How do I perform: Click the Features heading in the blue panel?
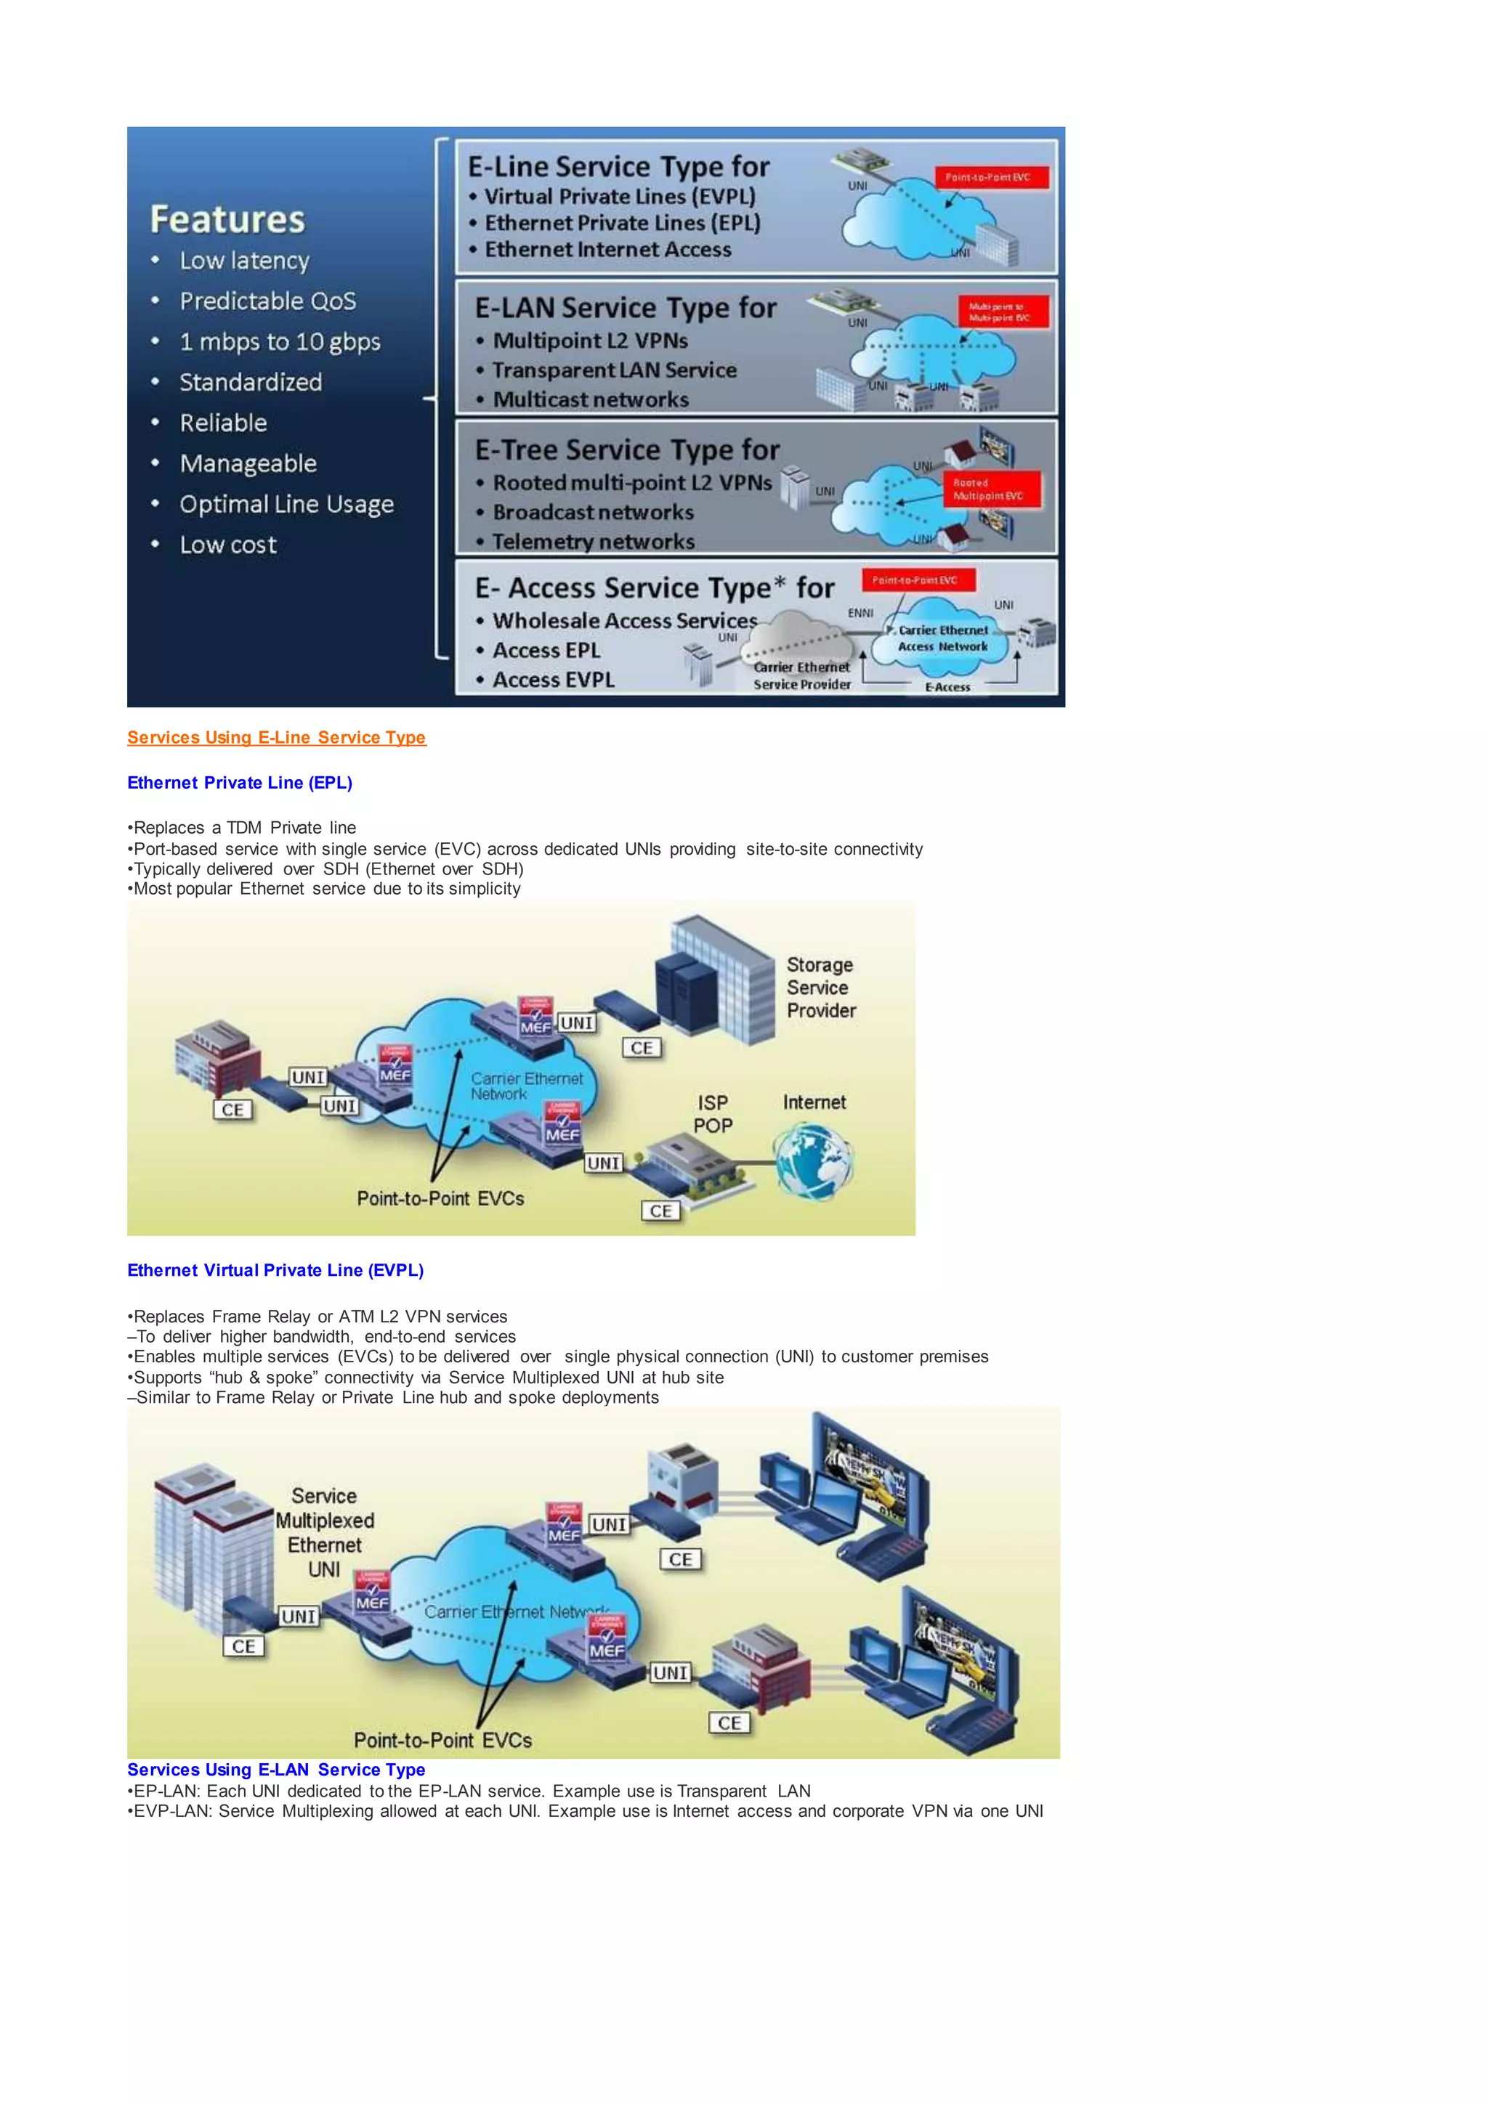coord(227,220)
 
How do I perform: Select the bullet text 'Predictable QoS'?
coord(267,301)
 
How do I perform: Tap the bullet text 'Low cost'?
coord(227,545)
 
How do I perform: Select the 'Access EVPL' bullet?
coord(554,680)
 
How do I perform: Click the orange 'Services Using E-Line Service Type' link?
coord(276,737)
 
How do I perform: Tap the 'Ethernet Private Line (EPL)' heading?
coord(239,782)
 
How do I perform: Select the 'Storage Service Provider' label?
coord(820,988)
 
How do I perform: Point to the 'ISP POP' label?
coord(713,1114)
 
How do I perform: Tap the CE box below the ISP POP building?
coord(660,1211)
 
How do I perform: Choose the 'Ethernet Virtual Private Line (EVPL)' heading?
coord(275,1269)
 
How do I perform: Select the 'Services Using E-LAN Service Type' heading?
coord(276,1770)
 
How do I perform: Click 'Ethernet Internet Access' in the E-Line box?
coord(607,249)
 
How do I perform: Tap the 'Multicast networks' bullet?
coord(590,399)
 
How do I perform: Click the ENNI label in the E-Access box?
coord(860,613)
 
